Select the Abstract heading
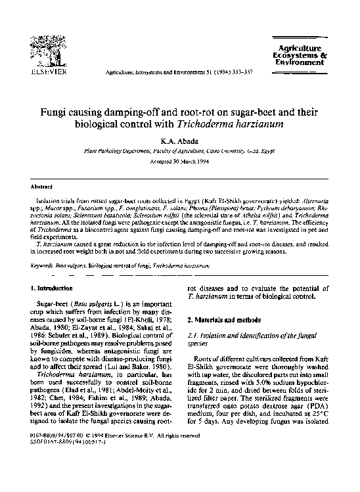coord(43,187)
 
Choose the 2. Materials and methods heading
coord(225,319)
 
